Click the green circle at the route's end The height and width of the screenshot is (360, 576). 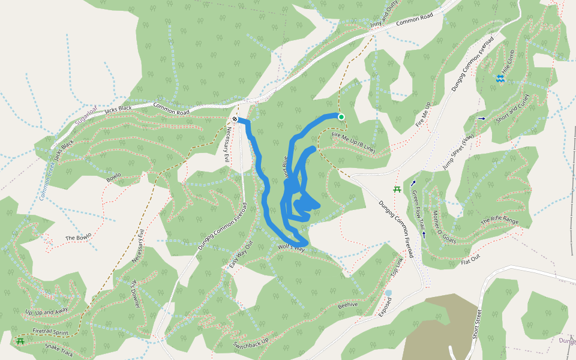click(x=341, y=117)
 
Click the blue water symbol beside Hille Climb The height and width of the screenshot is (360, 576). click(x=500, y=79)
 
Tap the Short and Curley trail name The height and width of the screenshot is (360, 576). click(x=513, y=109)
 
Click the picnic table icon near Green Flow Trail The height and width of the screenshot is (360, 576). click(x=397, y=190)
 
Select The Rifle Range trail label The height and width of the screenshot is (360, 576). click(x=499, y=221)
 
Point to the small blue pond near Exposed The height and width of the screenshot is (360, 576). click(x=388, y=293)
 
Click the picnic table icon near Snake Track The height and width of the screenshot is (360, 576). click(x=20, y=341)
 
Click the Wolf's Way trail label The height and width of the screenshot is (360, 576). click(x=292, y=248)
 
